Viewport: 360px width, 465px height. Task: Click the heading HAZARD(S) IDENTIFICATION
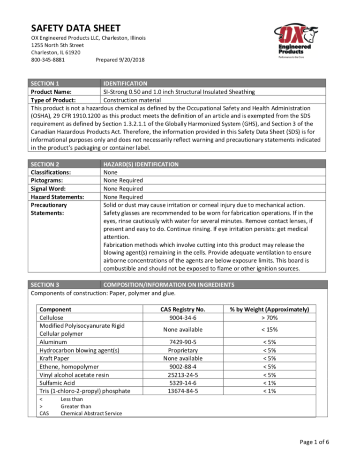[x=141, y=164]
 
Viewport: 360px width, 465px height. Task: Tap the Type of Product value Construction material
[x=134, y=99]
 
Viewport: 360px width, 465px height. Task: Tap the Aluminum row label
[x=54, y=342]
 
